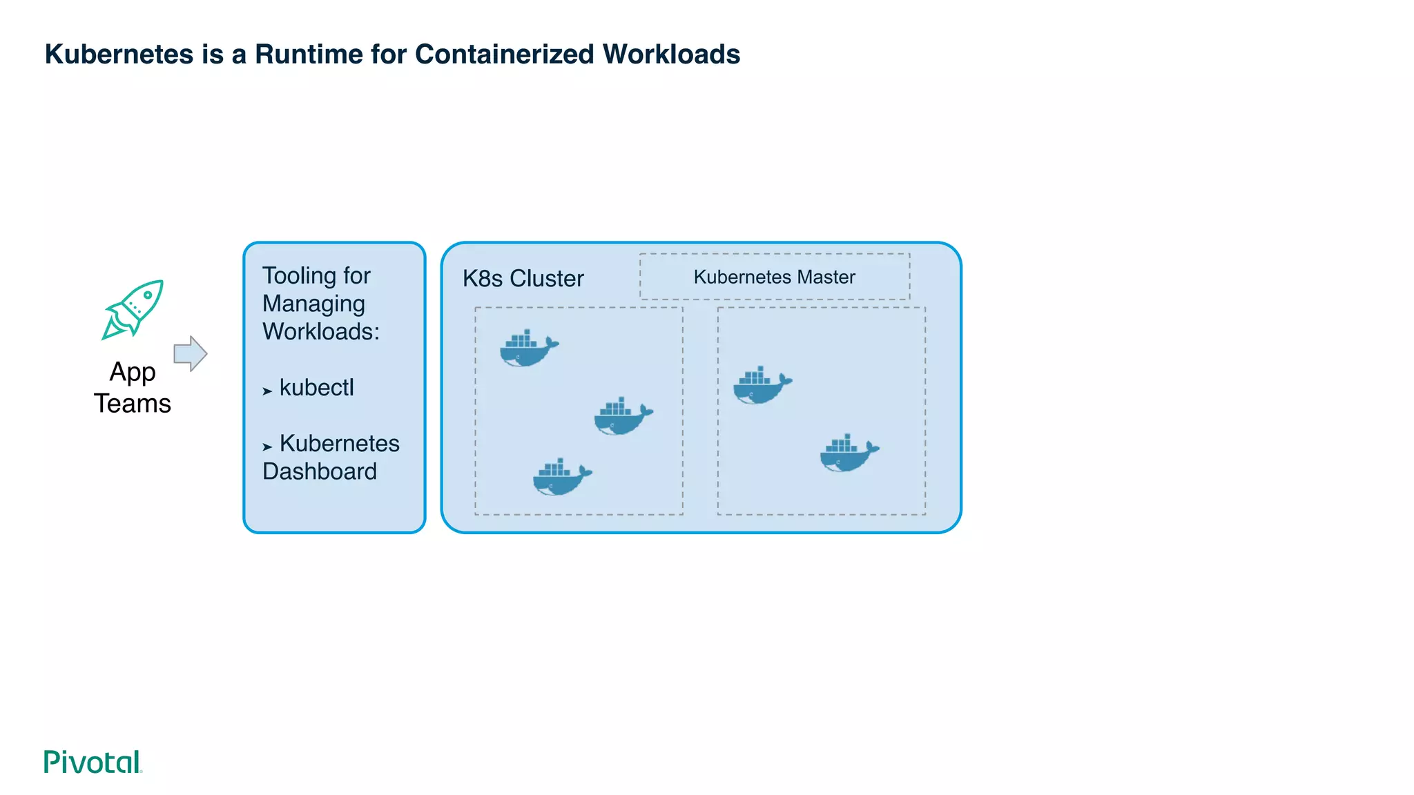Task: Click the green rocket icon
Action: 133,309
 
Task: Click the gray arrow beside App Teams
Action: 190,354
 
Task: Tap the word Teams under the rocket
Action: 133,404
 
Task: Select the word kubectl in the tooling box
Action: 316,388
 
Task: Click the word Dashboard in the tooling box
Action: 320,472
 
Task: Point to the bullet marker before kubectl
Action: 267,391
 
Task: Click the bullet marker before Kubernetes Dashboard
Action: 267,447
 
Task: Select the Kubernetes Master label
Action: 774,277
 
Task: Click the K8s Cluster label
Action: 523,279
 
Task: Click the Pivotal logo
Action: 93,762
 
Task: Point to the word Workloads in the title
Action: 671,55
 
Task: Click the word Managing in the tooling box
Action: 313,304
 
